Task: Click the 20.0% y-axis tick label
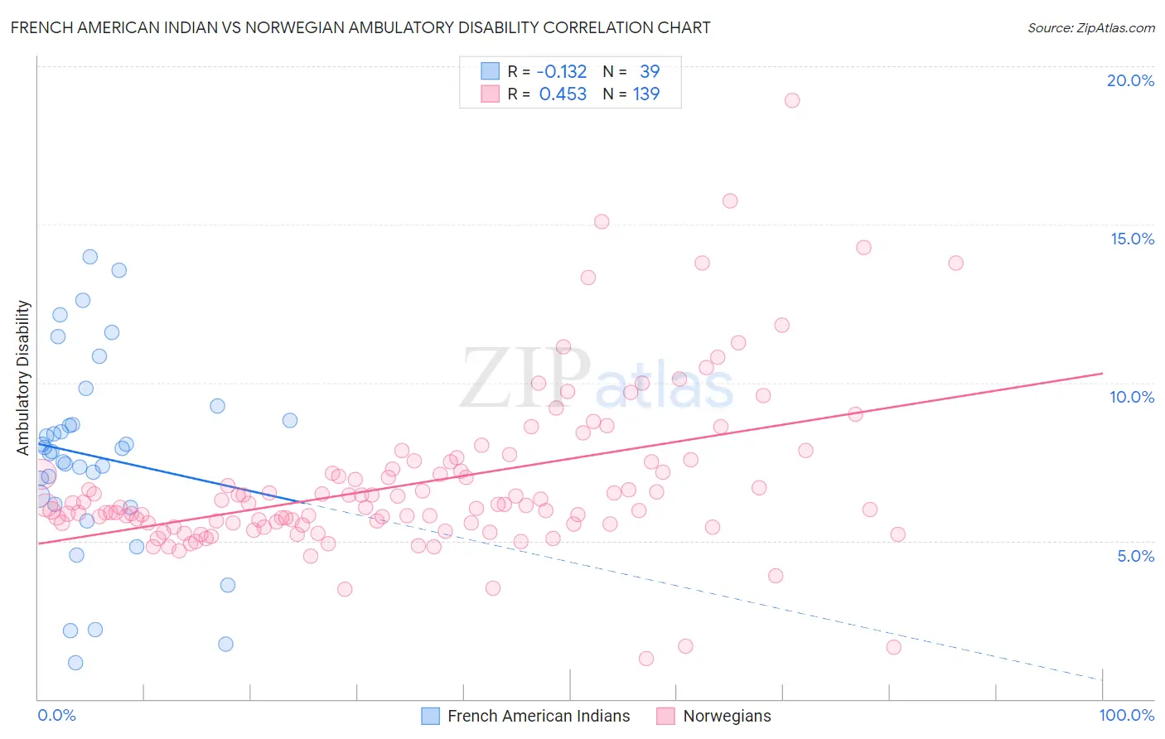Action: coord(1130,80)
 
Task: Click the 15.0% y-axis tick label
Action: coord(1132,239)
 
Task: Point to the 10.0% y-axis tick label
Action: coord(1132,397)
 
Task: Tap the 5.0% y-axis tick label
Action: coord(1135,556)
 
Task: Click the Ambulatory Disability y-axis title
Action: coord(23,378)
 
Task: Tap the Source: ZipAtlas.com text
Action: coord(1090,27)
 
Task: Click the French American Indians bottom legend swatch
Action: coord(431,717)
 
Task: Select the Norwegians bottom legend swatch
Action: coord(665,717)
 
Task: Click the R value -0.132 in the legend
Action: coord(561,72)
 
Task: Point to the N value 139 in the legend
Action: coord(646,94)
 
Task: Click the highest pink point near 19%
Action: coord(792,100)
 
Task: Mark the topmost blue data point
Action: coord(90,257)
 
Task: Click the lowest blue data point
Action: coord(75,663)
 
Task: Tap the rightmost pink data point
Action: coord(955,263)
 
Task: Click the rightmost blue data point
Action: coord(290,420)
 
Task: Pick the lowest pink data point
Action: coord(646,659)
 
